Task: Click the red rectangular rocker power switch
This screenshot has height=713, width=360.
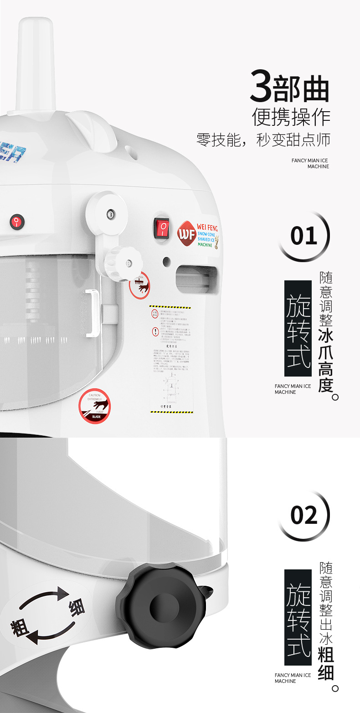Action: pos(161,227)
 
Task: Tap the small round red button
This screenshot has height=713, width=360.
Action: pos(17,222)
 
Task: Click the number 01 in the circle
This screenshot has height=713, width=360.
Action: pos(303,236)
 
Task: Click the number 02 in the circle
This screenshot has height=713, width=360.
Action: pos(303,515)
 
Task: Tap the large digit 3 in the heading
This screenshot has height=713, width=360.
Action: pos(262,87)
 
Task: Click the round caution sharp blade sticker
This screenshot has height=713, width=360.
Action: pos(94,405)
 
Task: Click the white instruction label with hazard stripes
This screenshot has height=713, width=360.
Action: pos(171,360)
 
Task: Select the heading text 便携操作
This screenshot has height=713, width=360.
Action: pos(291,117)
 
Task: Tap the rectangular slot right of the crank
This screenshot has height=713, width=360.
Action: pos(196,279)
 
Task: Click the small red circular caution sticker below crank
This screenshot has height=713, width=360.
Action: pos(139,285)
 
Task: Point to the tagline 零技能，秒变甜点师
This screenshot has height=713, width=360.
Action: pos(263,140)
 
